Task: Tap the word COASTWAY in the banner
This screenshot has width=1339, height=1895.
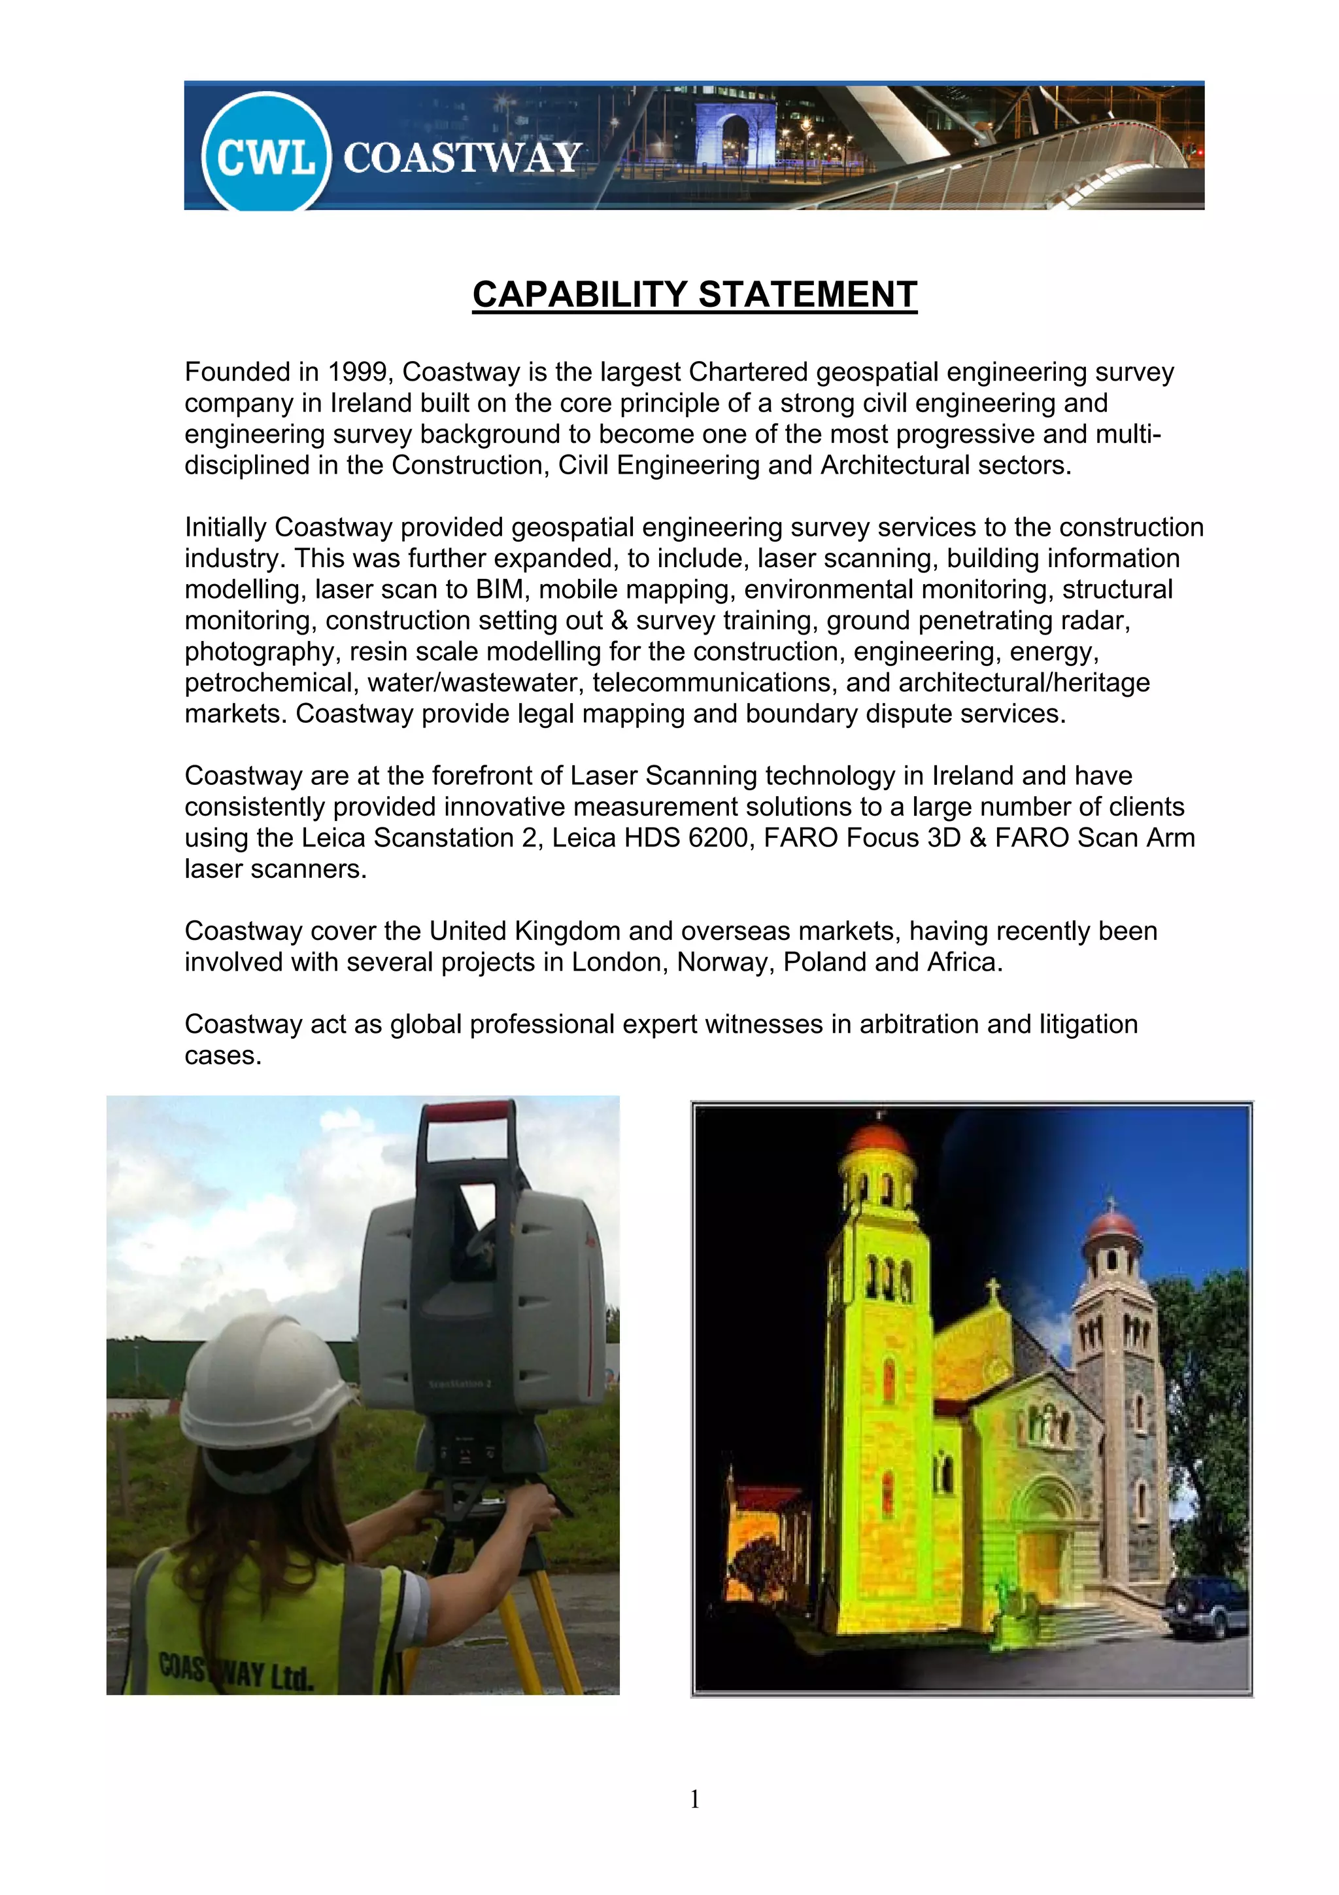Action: click(x=462, y=158)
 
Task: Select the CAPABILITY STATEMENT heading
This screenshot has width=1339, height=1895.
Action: click(x=694, y=294)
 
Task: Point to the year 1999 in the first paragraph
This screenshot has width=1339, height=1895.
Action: click(x=357, y=372)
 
